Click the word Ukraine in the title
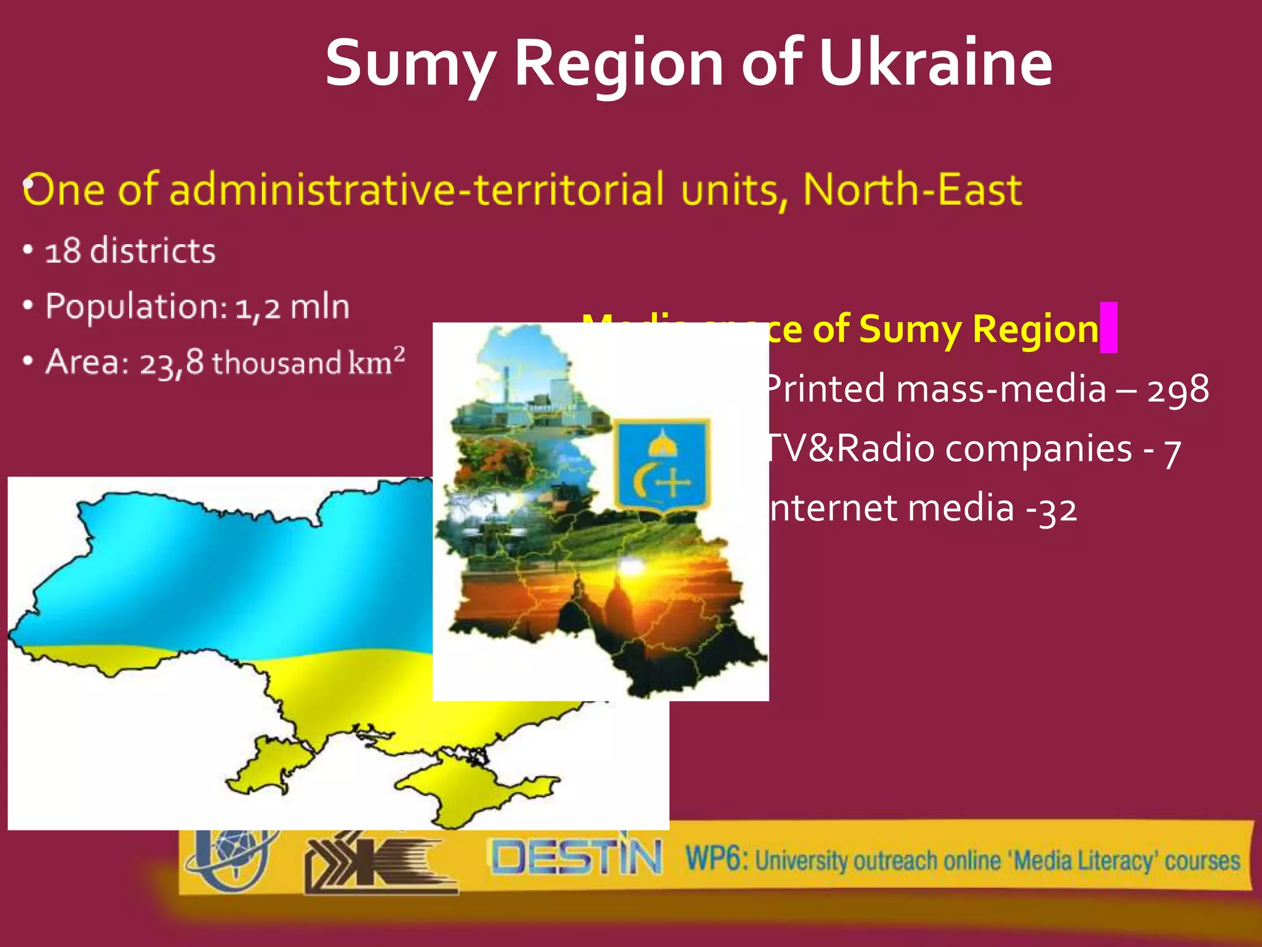[x=935, y=63]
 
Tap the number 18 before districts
[x=63, y=251]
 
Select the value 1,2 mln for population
[x=292, y=307]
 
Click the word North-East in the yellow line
[x=913, y=189]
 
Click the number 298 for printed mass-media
[x=1178, y=390]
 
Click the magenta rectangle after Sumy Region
[x=1109, y=327]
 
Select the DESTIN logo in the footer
[x=576, y=858]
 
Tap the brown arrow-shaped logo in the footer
[x=376, y=863]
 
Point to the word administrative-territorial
[x=417, y=189]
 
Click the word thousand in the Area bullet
[x=277, y=363]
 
